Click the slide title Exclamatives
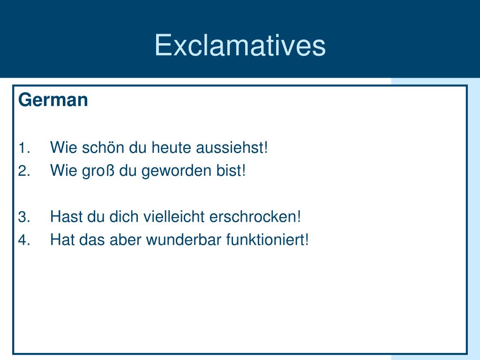click(240, 45)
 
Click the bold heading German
click(53, 100)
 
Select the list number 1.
click(24, 148)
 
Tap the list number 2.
click(24, 171)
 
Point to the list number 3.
click(24, 217)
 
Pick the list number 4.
click(24, 240)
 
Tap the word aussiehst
click(232, 147)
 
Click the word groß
click(98, 171)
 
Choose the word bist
click(231, 170)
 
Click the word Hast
click(67, 217)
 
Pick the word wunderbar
click(184, 240)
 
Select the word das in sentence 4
click(92, 240)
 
